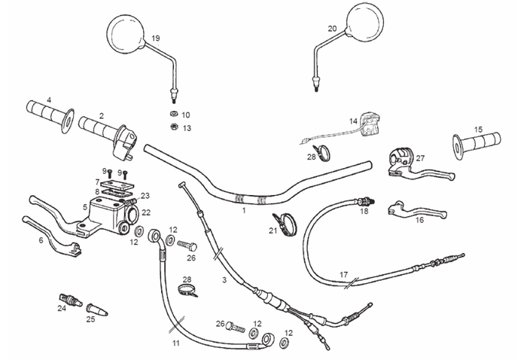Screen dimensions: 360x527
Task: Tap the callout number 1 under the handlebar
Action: point(243,212)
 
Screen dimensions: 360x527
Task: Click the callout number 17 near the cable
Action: point(343,274)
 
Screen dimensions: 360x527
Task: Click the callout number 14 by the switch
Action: point(353,121)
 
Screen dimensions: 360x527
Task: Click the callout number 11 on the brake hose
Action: point(175,343)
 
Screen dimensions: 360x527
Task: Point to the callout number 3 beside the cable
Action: point(224,280)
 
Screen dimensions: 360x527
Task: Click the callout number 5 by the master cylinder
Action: point(85,206)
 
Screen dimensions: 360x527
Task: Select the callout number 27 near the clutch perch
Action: point(420,158)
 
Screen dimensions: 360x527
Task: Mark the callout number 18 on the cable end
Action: point(364,212)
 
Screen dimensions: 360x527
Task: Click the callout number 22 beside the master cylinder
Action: point(146,212)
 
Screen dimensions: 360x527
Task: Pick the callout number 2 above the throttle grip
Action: point(101,115)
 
